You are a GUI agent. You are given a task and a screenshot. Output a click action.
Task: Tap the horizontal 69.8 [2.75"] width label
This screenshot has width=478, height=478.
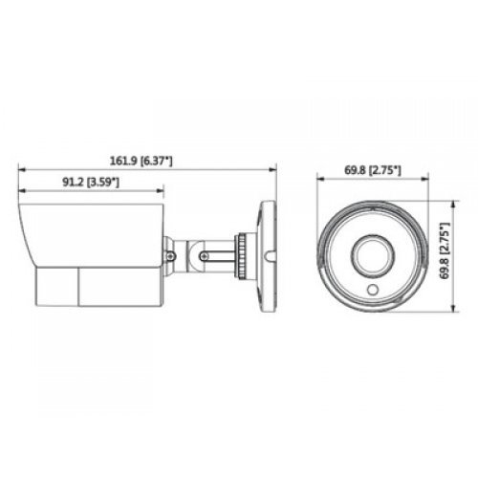coord(372,170)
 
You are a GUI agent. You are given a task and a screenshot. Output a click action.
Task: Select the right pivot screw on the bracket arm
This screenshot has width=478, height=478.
coord(204,254)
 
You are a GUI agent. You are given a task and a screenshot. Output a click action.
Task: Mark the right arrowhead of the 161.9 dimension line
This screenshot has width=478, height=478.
coord(273,169)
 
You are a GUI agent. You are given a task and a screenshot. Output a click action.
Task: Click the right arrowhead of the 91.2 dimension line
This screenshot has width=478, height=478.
coord(161,191)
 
